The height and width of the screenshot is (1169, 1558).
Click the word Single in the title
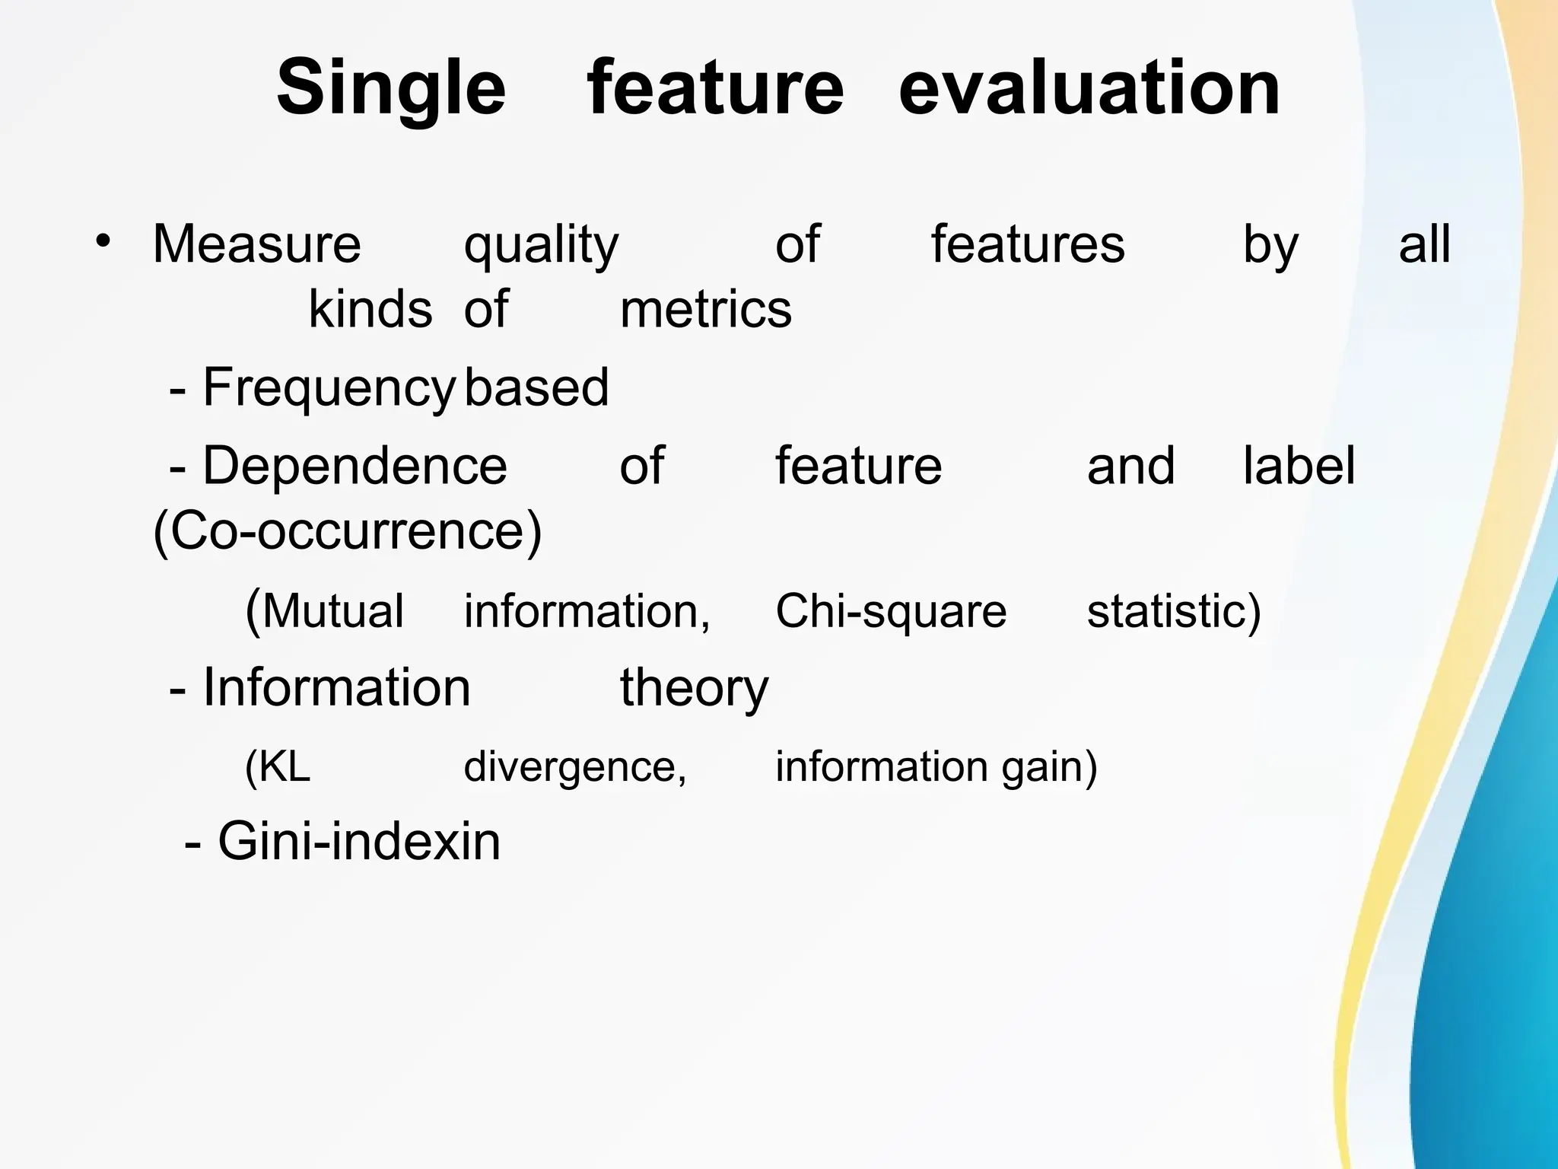click(x=390, y=90)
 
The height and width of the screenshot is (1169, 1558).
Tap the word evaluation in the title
click(x=1089, y=88)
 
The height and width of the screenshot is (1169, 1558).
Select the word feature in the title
click(x=715, y=88)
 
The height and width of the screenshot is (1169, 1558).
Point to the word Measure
click(x=256, y=245)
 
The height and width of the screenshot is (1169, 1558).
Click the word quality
click(x=541, y=247)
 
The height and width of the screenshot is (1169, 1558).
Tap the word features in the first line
click(x=1027, y=245)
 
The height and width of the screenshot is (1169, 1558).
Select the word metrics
click(x=705, y=311)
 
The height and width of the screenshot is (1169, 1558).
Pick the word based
click(x=536, y=387)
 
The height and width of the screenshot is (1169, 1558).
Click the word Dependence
click(x=355, y=466)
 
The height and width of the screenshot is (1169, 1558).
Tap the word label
click(x=1298, y=466)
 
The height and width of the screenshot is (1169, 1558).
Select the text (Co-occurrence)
click(x=348, y=531)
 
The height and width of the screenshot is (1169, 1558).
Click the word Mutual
click(x=332, y=611)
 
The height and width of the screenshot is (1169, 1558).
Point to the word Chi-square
click(x=890, y=611)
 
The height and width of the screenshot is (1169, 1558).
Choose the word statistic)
click(x=1173, y=611)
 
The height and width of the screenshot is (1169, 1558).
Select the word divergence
click(x=575, y=767)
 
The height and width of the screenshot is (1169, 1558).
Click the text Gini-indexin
click(x=358, y=842)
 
